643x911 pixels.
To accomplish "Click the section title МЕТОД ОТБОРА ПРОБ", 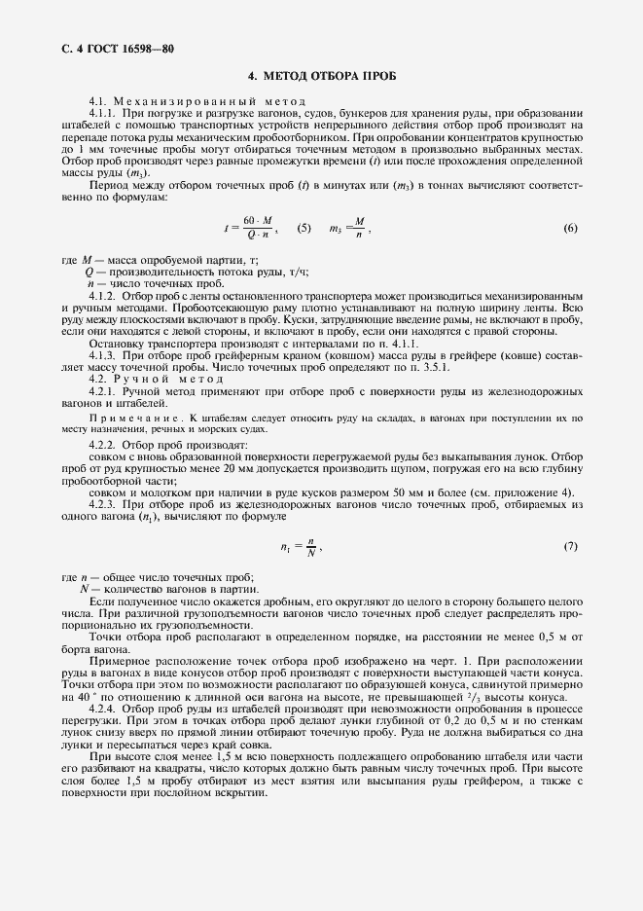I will pos(321,76).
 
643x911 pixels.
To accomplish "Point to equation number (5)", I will pos(304,229).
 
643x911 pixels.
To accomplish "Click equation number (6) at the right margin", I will pos(570,229).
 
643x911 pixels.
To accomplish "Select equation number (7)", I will pos(570,547).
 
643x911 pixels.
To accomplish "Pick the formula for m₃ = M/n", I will pos(350,229).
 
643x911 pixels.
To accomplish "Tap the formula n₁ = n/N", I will pos(304,547).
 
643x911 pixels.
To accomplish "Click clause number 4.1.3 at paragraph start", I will pos(102,356).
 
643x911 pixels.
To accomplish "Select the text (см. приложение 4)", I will pos(532,492).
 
